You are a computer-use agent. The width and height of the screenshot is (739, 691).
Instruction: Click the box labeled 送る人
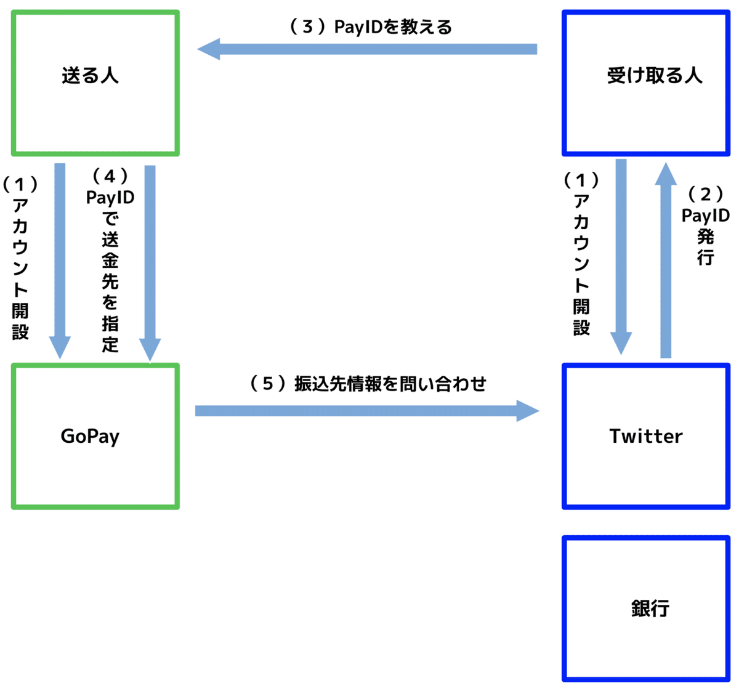[95, 83]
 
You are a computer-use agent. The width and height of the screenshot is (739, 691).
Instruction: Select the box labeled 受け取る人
[645, 83]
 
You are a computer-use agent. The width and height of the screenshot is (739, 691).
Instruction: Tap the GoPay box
[95, 436]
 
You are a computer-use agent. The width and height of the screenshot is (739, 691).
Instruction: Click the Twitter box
[645, 436]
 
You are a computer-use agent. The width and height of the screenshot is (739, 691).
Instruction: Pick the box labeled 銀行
[645, 608]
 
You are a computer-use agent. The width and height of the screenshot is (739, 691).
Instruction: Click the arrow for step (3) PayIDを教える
[369, 49]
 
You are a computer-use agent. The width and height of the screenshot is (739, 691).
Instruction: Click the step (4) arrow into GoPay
[150, 259]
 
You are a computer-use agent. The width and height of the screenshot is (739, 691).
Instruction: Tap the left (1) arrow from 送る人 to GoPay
[60, 259]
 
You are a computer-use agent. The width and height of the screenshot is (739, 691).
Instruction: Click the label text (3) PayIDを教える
[371, 27]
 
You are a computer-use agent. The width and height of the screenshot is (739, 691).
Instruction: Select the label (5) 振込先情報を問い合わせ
[368, 384]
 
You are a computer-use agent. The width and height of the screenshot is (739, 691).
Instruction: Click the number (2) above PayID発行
[705, 195]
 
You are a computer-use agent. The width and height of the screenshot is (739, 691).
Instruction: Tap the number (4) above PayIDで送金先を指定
[110, 177]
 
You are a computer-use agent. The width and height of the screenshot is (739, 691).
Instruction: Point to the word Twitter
[645, 436]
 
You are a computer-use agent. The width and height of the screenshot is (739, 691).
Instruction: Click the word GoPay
[90, 436]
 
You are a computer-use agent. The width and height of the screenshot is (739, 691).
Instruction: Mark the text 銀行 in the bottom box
[650, 608]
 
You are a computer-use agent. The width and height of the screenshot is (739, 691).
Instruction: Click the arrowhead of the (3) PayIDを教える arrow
[209, 49]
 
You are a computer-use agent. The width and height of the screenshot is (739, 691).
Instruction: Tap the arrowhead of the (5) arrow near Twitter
[527, 411]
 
